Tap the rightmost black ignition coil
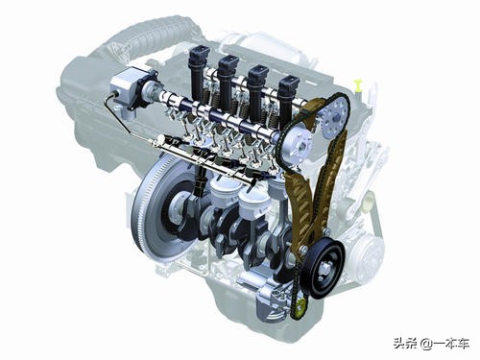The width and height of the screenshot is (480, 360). (288, 99)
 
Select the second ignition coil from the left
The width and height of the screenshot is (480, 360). (228, 80)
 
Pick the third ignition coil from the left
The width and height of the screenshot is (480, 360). (257, 89)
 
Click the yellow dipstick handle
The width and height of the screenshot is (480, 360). (358, 85)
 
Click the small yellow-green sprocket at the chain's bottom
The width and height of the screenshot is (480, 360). (300, 309)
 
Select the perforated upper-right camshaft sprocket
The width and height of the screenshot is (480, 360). (334, 118)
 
